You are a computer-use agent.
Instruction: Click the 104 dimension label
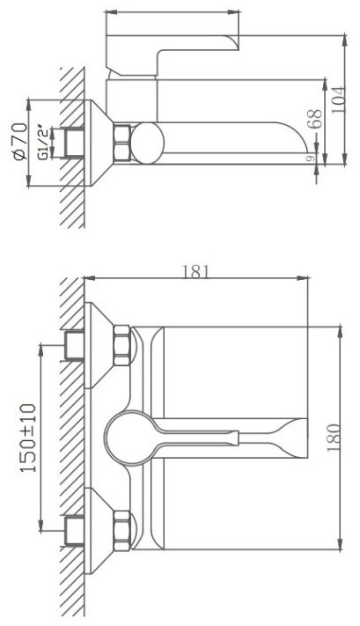[338, 99]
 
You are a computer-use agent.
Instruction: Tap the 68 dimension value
[315, 119]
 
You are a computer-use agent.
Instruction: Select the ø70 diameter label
[20, 142]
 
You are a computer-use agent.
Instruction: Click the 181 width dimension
[196, 272]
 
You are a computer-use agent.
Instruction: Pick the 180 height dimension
[334, 438]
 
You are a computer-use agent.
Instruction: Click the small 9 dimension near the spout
[309, 158]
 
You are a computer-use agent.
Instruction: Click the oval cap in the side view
[147, 144]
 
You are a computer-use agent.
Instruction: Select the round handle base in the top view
[129, 438]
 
